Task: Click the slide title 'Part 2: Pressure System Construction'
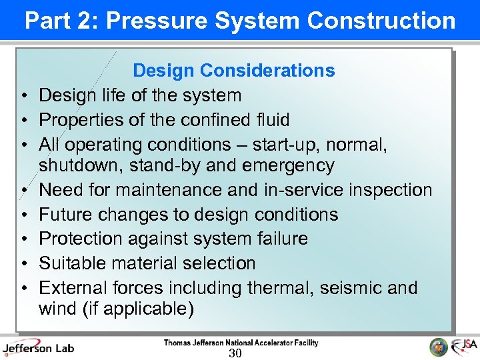pos(240,21)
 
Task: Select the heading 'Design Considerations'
pos(234,71)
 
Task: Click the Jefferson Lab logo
pos(38,347)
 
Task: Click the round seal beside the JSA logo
pos(439,347)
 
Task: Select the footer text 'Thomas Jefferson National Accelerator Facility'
pos(241,343)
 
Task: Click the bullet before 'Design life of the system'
pos(23,96)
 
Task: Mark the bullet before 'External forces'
pos(23,289)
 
